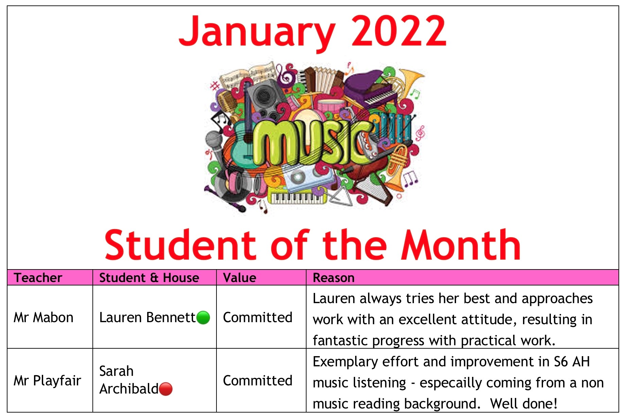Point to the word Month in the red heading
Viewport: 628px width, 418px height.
pyautogui.click(x=461, y=244)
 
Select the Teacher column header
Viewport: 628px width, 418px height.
pyautogui.click(x=38, y=278)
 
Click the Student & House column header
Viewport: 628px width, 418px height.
pyautogui.click(x=149, y=278)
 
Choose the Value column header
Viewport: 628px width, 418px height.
pyautogui.click(x=240, y=278)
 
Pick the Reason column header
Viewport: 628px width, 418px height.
pyautogui.click(x=334, y=278)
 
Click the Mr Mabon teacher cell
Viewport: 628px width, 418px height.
pyautogui.click(x=43, y=317)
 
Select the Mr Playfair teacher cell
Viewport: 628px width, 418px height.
pyautogui.click(x=47, y=381)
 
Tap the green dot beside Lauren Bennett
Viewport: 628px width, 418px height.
pyautogui.click(x=203, y=318)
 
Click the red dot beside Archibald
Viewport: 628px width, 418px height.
pyautogui.click(x=166, y=389)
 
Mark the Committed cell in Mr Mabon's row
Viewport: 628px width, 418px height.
pyautogui.click(x=258, y=317)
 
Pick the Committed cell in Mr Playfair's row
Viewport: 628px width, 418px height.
pyautogui.click(x=258, y=381)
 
